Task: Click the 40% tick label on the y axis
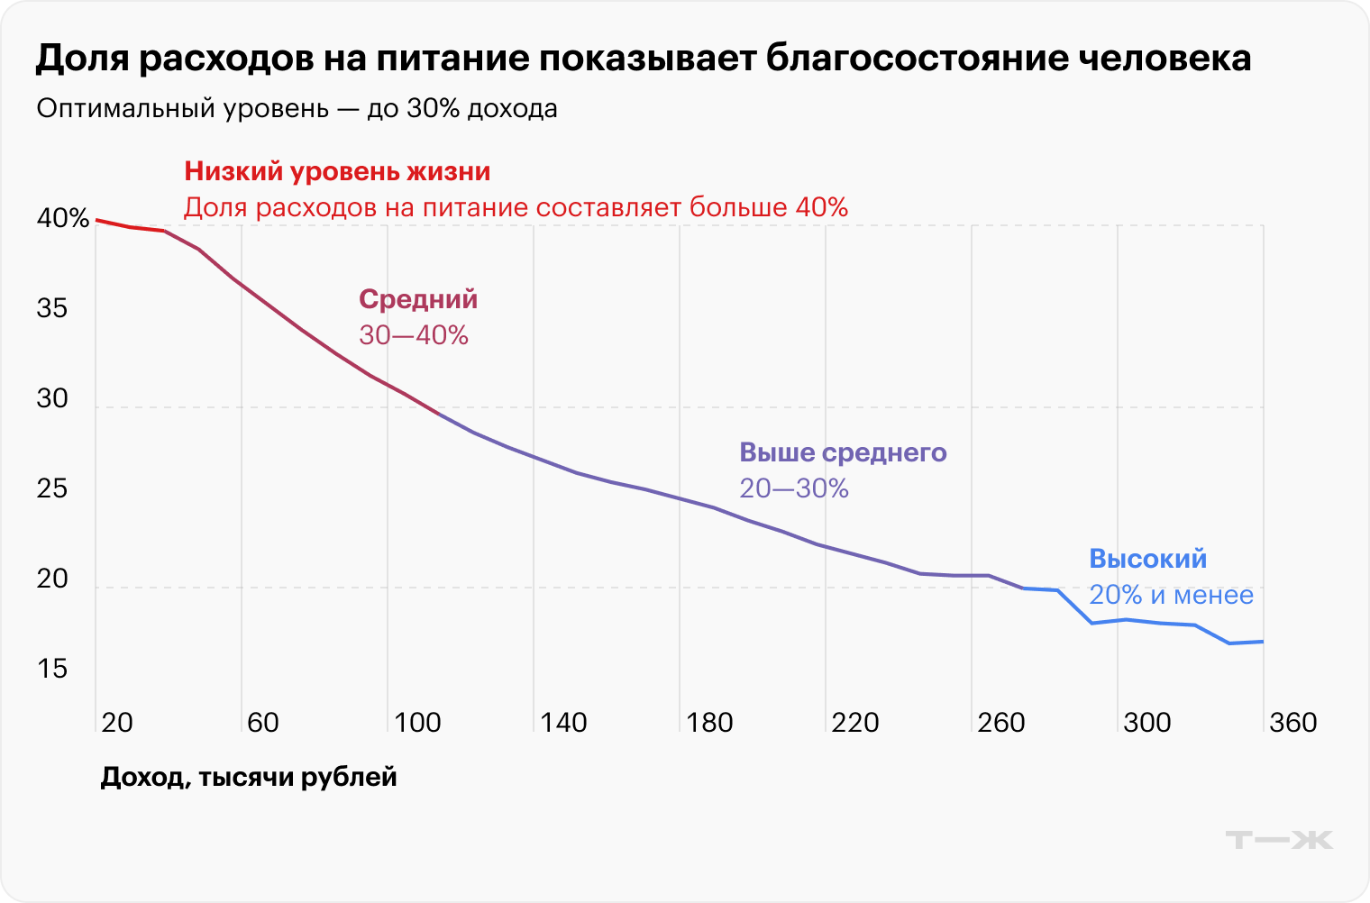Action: tap(62, 219)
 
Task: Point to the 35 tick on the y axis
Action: tap(52, 309)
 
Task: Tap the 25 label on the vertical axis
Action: tap(52, 489)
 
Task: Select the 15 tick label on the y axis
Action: tap(52, 670)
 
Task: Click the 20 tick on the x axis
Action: tap(117, 723)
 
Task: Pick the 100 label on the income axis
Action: tap(417, 723)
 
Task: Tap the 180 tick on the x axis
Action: tap(709, 723)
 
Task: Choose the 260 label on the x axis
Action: tap(1001, 723)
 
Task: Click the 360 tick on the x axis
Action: tap(1292, 723)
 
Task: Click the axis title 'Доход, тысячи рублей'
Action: tap(249, 777)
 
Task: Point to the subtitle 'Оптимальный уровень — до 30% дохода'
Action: tap(297, 109)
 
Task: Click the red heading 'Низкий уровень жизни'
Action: tap(337, 171)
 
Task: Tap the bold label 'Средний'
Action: tap(418, 299)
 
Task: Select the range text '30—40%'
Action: tap(414, 335)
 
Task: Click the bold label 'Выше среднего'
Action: tap(843, 452)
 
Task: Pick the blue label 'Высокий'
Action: tap(1147, 559)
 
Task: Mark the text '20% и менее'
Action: tap(1171, 595)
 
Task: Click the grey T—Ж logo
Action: tap(1279, 840)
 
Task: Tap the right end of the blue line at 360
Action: tap(1262, 642)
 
